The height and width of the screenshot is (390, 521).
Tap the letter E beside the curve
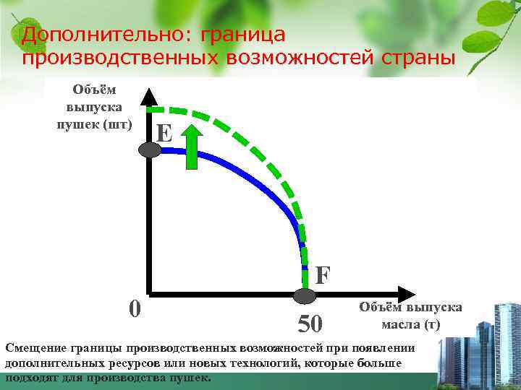coord(164,133)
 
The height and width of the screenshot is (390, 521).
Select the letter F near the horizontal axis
coord(323,274)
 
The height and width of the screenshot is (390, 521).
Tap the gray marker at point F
coord(305,295)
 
